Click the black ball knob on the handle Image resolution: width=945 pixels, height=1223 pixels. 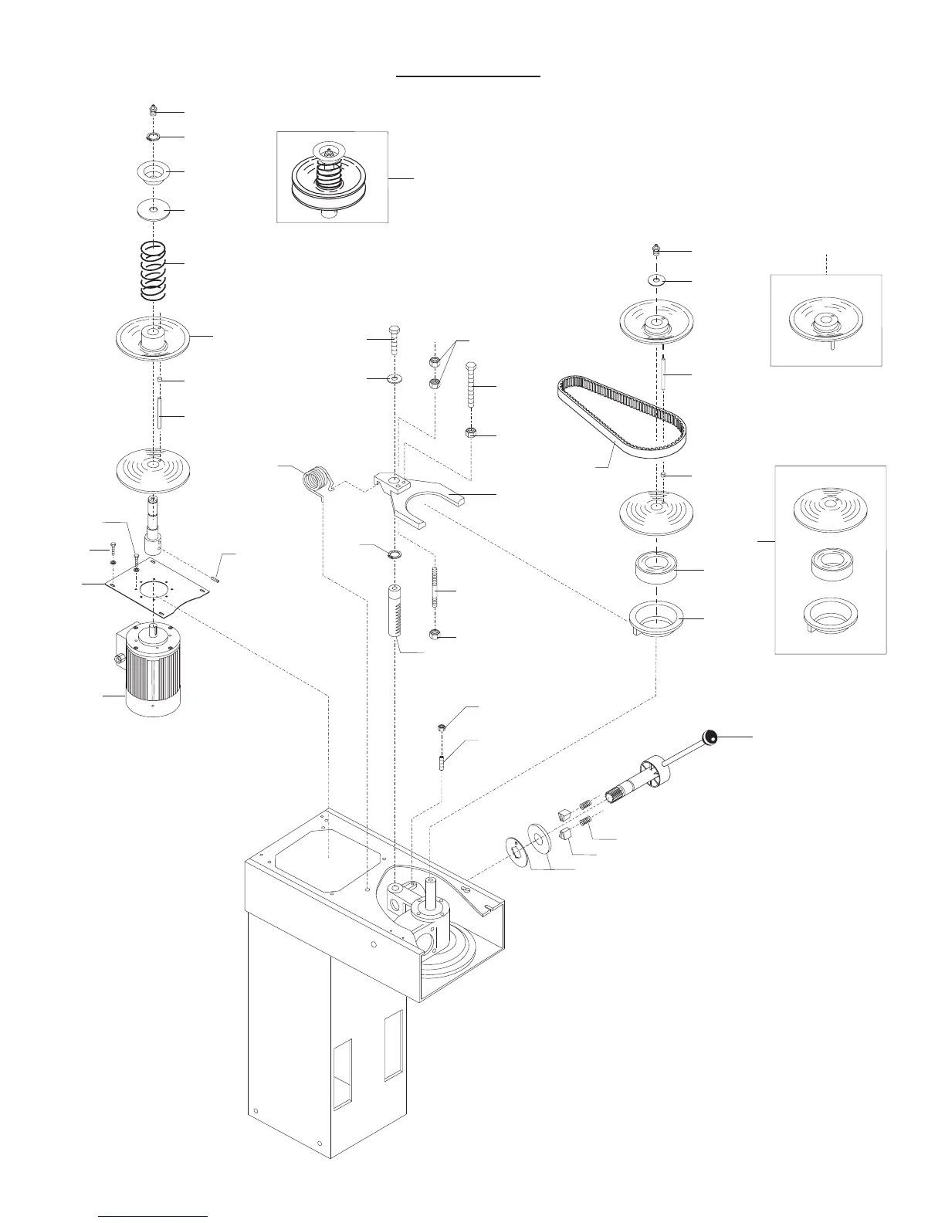click(x=710, y=737)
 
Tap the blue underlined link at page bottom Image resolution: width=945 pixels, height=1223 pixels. click(x=154, y=1215)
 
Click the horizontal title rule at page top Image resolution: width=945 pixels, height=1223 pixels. click(x=468, y=77)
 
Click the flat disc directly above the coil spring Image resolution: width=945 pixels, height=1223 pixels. click(x=153, y=209)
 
